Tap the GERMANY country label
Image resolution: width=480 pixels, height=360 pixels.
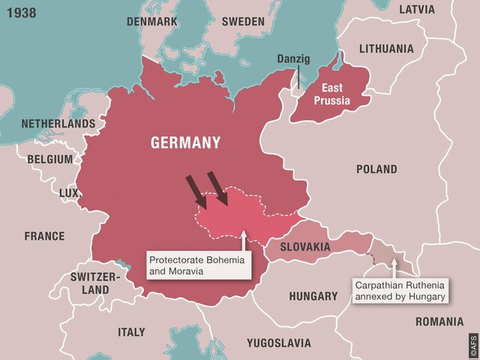click(x=185, y=142)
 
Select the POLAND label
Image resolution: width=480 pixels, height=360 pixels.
click(x=376, y=169)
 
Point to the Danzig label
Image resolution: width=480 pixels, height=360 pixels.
click(x=293, y=58)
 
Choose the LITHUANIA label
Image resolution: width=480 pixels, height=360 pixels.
click(x=385, y=49)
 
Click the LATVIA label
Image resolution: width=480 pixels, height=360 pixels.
click(x=416, y=10)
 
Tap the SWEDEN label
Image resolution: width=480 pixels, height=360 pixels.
click(x=243, y=22)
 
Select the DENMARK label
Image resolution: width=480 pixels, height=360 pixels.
click(x=152, y=22)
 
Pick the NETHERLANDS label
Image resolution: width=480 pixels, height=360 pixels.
click(x=58, y=123)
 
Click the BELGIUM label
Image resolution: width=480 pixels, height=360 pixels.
click(x=50, y=159)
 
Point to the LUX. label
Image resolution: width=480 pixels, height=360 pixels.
click(x=69, y=193)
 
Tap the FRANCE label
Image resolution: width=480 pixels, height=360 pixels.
click(x=44, y=236)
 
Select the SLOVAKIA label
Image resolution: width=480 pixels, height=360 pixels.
click(x=305, y=247)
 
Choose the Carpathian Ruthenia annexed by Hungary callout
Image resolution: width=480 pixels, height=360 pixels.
click(x=400, y=291)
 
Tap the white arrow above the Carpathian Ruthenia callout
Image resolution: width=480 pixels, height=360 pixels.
click(x=395, y=269)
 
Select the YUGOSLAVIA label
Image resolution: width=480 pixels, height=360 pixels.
click(x=278, y=343)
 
